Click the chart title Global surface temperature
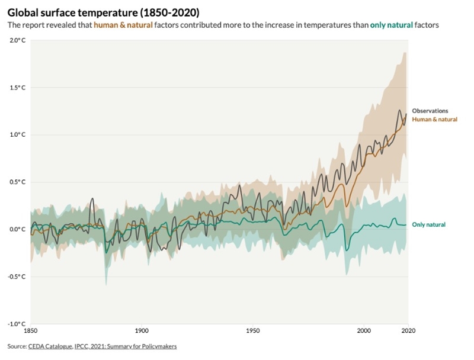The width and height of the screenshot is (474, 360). click(104, 12)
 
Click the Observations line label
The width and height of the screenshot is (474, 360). click(430, 111)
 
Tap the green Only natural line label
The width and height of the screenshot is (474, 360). click(428, 225)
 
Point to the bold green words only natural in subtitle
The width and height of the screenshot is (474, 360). click(389, 25)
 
